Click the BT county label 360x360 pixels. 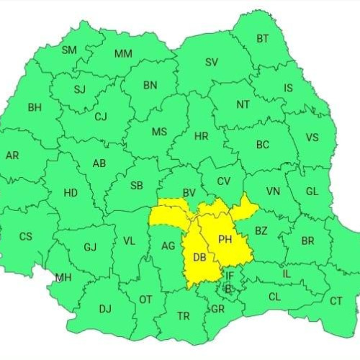[x=264, y=39]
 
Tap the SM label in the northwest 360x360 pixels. [x=69, y=50]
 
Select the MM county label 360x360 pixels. [x=123, y=54]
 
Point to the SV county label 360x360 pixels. [x=211, y=62]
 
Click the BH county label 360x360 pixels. [x=35, y=107]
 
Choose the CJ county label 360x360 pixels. [x=101, y=116]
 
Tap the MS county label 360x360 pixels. [x=159, y=132]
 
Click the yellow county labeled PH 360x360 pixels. [x=225, y=239]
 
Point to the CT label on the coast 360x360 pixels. [x=336, y=301]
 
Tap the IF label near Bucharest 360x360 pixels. [x=230, y=276]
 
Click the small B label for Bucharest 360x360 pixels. [x=228, y=289]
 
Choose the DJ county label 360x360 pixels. [x=105, y=309]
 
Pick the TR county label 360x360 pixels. [x=184, y=315]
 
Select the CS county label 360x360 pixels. [x=25, y=236]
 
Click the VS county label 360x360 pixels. [x=312, y=138]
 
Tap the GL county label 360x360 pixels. [x=312, y=192]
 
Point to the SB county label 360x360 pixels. [x=136, y=186]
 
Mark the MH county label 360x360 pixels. [x=63, y=277]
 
